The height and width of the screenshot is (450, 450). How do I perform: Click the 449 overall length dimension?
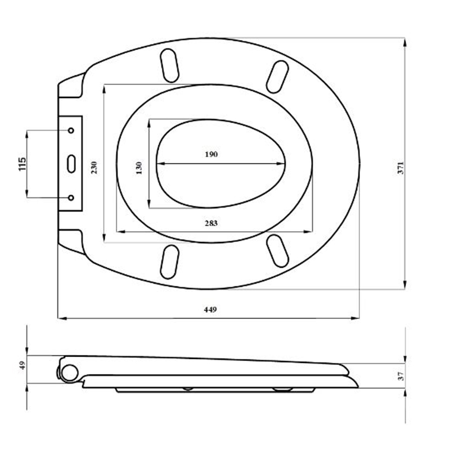click(210, 310)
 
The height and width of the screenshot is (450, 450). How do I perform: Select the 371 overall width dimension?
click(400, 168)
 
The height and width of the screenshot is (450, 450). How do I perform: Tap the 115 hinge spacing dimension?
click(22, 164)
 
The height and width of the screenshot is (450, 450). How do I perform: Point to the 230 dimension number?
click(94, 168)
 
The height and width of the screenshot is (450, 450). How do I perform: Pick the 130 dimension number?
click(139, 168)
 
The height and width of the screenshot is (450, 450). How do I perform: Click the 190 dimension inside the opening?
click(211, 154)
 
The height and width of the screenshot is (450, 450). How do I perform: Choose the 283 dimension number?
click(211, 223)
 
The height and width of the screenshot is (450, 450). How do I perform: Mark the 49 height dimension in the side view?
click(22, 365)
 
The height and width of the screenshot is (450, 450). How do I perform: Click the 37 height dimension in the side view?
click(400, 376)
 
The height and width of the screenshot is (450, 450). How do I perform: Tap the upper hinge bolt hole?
click(71, 130)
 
